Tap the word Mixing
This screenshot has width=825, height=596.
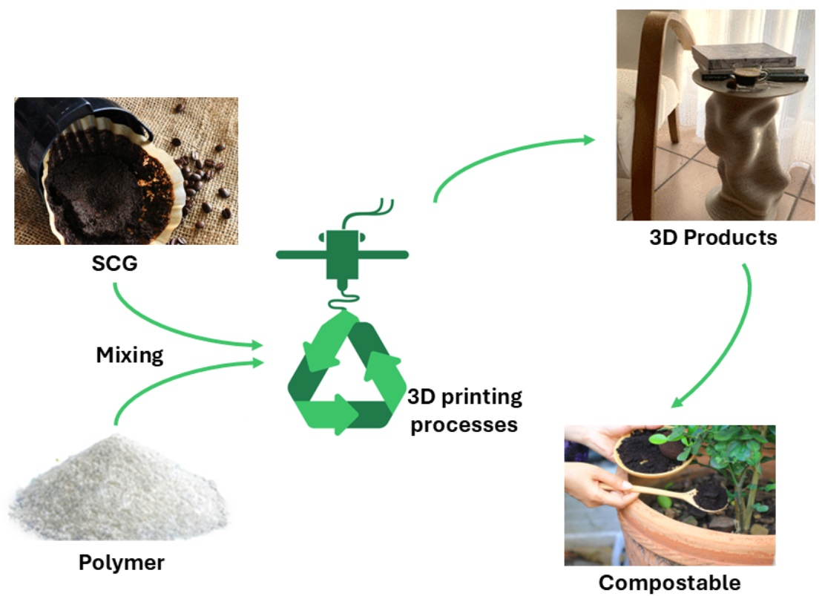[x=130, y=356]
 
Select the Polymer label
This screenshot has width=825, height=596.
[x=122, y=562]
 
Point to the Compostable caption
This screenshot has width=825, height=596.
[x=669, y=583]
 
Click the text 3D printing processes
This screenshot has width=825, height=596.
[x=465, y=410]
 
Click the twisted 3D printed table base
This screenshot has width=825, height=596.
[x=742, y=156]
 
